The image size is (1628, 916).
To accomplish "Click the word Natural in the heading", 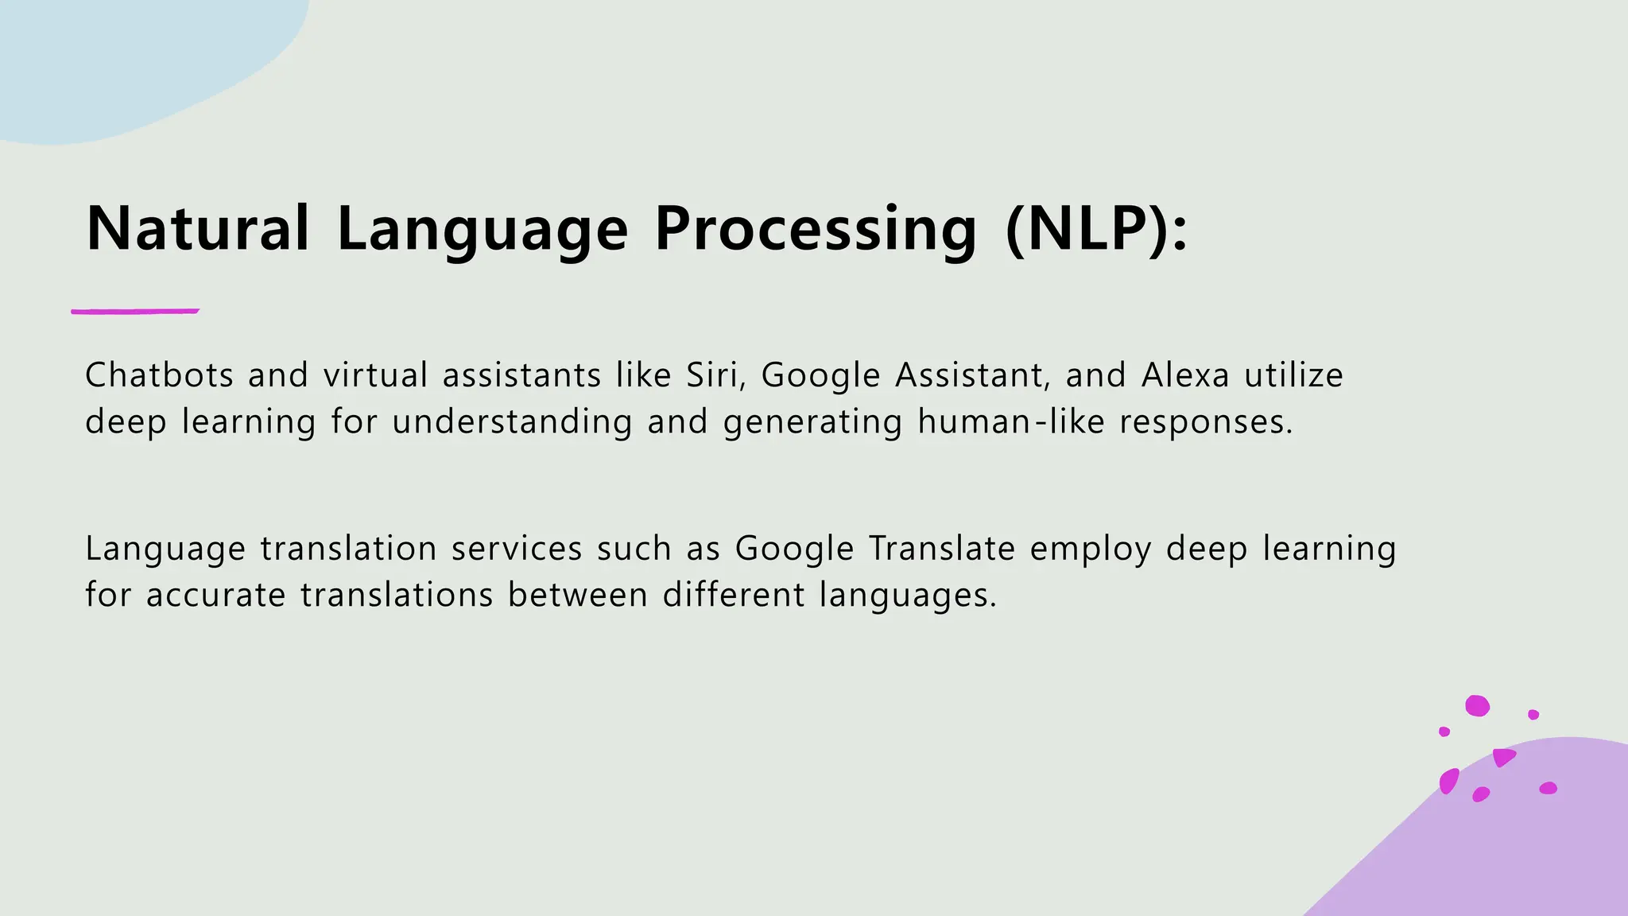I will tap(197, 229).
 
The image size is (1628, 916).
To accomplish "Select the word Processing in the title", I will tap(815, 229).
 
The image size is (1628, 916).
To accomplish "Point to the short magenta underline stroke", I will tap(135, 311).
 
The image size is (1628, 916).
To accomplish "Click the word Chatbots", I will tap(159, 375).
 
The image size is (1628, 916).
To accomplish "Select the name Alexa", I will tap(1185, 375).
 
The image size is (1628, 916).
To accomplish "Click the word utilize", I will tap(1293, 375).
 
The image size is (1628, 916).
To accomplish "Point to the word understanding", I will tap(512, 421).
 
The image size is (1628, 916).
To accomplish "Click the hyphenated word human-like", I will tap(1010, 421).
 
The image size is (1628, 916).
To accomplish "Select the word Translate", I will tap(942, 549).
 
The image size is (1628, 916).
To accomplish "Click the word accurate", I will tap(215, 595).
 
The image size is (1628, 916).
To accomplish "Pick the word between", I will tap(578, 595).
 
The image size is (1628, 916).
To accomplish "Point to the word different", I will tap(734, 595).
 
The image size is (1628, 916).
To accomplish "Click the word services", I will tap(517, 549).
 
